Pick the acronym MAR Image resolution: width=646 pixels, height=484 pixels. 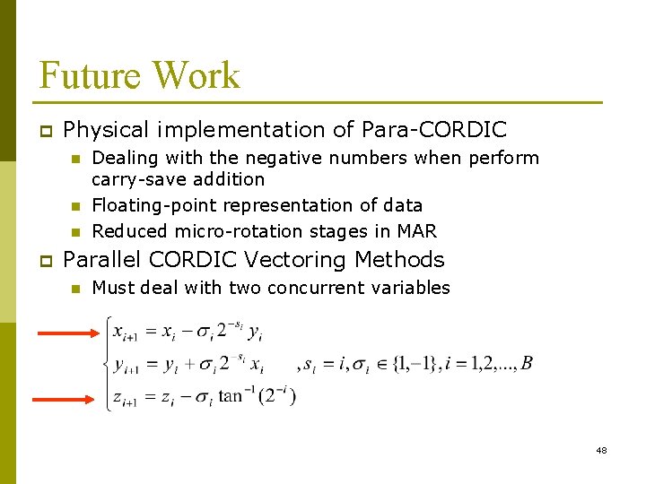[x=416, y=231]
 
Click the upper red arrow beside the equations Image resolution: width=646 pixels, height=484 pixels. [x=67, y=333]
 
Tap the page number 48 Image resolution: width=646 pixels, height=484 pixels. [x=601, y=450]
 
